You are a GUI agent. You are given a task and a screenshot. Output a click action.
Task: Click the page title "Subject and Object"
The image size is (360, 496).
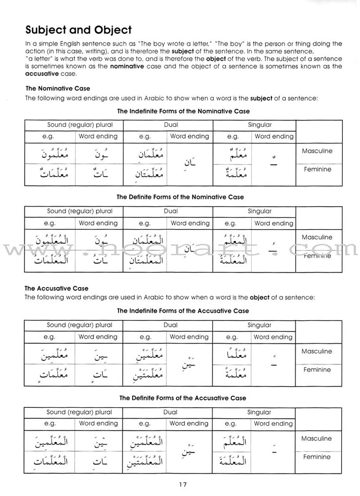78,30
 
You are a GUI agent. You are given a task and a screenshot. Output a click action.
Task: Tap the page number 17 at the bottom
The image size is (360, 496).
182,484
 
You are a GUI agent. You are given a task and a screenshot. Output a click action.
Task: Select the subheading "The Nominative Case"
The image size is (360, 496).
58,89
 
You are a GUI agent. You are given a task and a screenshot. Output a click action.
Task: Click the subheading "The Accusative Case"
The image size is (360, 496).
57,288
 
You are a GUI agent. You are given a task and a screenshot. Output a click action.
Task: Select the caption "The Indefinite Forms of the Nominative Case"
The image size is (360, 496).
183,111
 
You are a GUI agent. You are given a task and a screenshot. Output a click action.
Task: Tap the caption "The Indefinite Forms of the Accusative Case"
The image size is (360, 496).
183,311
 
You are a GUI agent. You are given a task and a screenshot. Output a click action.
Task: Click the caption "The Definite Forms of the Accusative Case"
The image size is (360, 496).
183,398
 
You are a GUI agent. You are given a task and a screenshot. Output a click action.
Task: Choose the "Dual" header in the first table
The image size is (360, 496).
171,125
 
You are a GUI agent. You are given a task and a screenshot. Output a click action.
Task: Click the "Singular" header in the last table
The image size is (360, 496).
260,412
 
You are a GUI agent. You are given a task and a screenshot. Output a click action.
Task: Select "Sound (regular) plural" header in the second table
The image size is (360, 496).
80,211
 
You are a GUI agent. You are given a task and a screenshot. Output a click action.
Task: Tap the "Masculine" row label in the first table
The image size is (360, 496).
317,151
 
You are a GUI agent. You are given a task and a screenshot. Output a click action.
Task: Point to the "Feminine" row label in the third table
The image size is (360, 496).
317,370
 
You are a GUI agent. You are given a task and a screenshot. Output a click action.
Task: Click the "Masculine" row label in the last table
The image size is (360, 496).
317,438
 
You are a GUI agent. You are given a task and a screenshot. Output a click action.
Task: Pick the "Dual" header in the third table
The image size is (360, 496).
171,325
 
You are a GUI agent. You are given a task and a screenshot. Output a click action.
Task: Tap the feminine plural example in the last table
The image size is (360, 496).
50,461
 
